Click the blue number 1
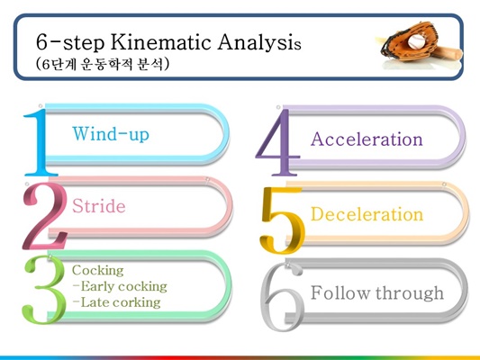[x=40, y=142]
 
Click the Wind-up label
[x=111, y=134]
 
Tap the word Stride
[x=98, y=205]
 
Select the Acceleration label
[x=367, y=139]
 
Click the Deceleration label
[x=367, y=214]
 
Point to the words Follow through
[x=377, y=293]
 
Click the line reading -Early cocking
[x=120, y=286]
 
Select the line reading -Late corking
[x=117, y=302]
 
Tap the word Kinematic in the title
[x=161, y=41]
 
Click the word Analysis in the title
[x=259, y=42]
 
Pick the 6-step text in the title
[x=70, y=42]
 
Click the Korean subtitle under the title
[x=103, y=64]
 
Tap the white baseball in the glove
[x=417, y=41]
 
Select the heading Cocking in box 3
[x=98, y=270]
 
